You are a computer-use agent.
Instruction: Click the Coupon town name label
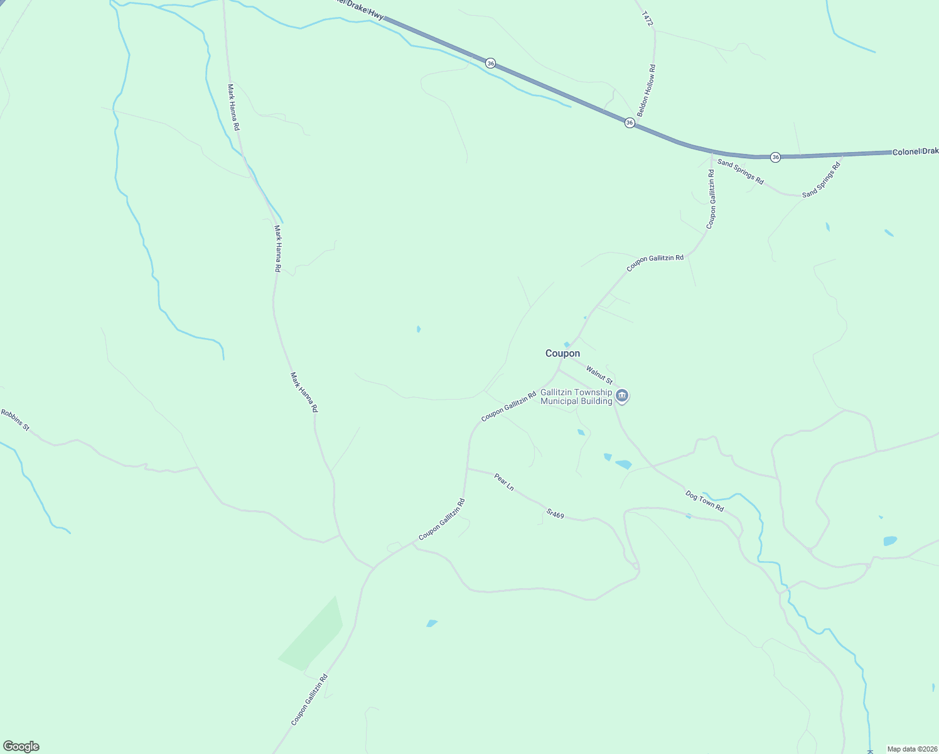pos(562,353)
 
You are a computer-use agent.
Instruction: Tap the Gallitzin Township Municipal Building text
pos(576,396)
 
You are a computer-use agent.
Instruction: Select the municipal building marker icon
pos(622,395)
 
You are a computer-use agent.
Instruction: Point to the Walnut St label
pos(599,375)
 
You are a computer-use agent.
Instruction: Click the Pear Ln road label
pos(503,483)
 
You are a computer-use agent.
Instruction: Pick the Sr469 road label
pos(555,514)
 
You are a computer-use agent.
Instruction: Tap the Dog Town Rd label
pos(704,501)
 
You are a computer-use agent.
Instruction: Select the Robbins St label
pos(15,420)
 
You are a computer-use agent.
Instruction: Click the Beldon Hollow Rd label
pos(646,90)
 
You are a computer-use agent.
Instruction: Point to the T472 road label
pos(648,18)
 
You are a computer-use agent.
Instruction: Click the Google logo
pos(21,746)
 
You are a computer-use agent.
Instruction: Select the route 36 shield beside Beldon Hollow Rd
pos(630,123)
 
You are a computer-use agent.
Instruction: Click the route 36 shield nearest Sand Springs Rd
pos(775,157)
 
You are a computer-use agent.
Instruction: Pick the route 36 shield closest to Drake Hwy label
pos(490,63)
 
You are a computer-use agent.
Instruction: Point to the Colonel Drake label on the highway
pos(915,151)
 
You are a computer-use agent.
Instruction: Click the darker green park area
pos(312,635)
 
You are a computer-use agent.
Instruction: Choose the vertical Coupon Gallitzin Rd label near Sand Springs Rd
pos(711,199)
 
